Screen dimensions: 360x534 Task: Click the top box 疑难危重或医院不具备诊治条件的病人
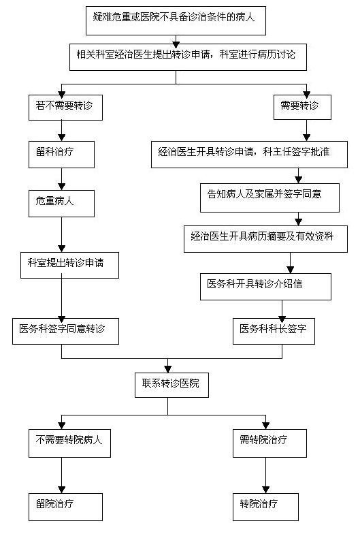[x=176, y=20]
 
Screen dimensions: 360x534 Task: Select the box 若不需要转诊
[x=65, y=108]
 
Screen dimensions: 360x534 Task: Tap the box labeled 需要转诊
[x=302, y=107]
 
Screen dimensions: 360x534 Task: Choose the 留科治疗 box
[x=61, y=155]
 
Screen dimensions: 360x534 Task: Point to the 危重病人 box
[x=61, y=204]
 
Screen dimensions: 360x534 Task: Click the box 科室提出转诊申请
[x=69, y=266]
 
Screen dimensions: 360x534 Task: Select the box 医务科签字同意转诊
[x=65, y=331]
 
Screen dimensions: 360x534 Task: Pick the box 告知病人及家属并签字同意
[x=269, y=198]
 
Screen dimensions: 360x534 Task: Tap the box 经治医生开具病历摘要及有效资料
[x=265, y=238]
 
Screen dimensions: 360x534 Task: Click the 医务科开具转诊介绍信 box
[x=265, y=286]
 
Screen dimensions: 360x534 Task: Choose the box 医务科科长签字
[x=274, y=331]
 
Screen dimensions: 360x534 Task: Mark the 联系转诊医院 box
[x=171, y=386]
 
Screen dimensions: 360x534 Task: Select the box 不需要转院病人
[x=69, y=443]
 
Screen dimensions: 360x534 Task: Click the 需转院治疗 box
[x=269, y=443]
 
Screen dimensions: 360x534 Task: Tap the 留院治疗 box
[x=65, y=507]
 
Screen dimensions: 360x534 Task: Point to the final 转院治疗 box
[x=265, y=507]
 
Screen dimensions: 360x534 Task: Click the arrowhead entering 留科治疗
[x=61, y=138]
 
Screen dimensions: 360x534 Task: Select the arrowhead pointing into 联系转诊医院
[x=167, y=369]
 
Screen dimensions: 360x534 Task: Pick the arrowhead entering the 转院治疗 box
[x=265, y=489]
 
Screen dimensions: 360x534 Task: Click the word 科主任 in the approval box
[x=278, y=151]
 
